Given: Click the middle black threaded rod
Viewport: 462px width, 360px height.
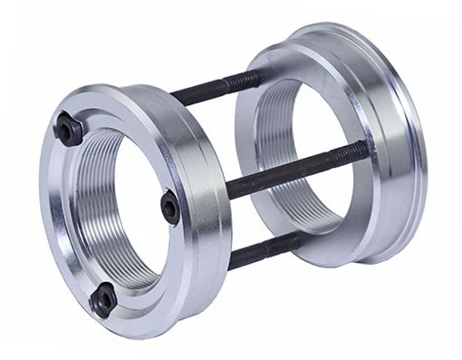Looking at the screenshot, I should (x=290, y=170).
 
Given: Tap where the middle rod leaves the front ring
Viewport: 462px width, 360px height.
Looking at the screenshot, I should (x=226, y=190).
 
